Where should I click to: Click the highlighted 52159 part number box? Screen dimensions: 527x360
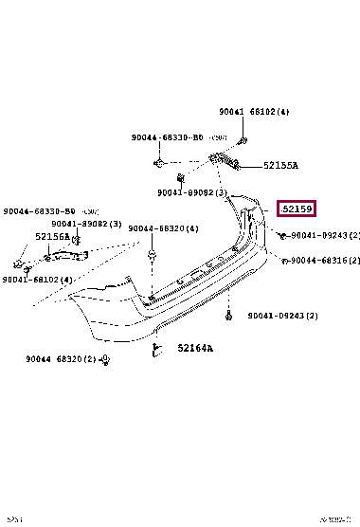(296, 209)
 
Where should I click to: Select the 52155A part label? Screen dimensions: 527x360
(280, 165)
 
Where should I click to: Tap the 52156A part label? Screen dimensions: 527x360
(53, 237)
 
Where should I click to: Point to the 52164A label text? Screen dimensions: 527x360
(195, 348)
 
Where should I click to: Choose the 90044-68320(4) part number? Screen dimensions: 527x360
(163, 228)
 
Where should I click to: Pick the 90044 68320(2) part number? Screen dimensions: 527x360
(62, 358)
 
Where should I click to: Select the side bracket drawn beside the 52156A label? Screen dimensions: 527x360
(64, 254)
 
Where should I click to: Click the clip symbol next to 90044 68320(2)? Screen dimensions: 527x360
(105, 360)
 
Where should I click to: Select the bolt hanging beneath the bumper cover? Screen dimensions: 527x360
(228, 315)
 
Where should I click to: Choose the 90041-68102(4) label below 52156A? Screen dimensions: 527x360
(37, 280)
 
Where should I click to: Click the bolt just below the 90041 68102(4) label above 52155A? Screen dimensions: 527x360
(243, 141)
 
